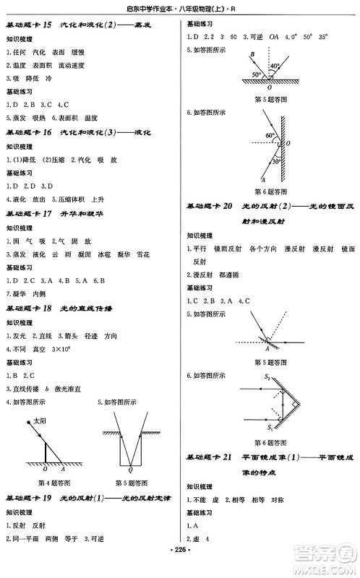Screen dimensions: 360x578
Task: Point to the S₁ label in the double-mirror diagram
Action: [269, 428]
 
